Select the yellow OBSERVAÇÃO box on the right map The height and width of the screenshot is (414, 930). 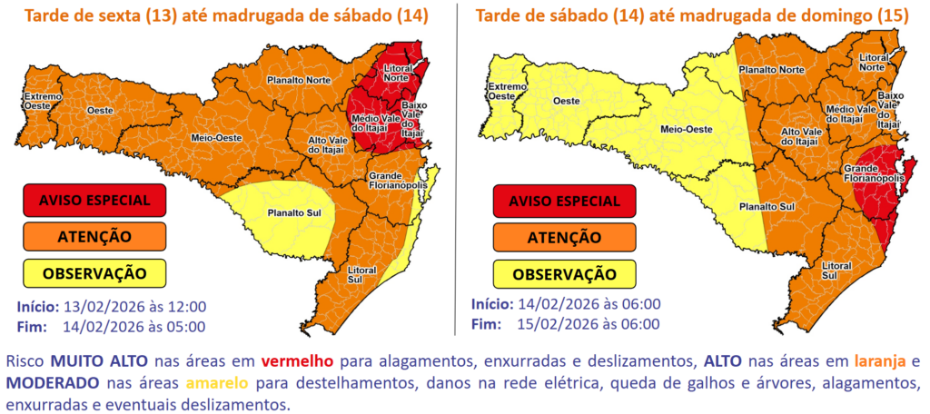click(x=558, y=272)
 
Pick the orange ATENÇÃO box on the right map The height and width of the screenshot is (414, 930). click(x=558, y=236)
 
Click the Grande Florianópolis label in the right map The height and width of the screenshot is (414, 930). click(x=874, y=174)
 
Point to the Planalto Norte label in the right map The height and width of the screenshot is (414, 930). click(x=770, y=69)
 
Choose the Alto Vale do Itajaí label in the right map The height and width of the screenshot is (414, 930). click(x=803, y=137)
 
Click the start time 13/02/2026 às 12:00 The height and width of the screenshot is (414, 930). click(x=134, y=307)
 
